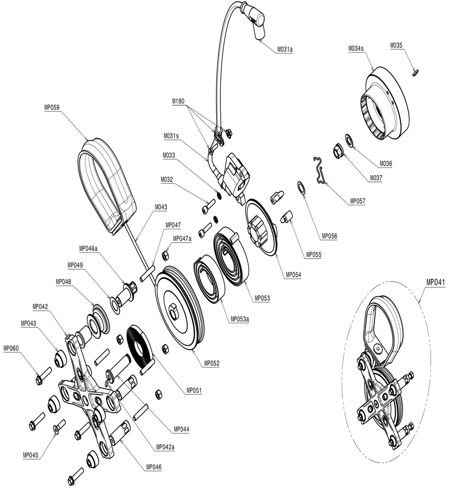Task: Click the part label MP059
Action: (52, 108)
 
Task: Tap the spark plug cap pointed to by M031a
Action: (256, 24)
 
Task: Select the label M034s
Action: (356, 49)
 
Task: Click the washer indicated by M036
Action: (349, 140)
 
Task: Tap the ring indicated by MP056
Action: (301, 187)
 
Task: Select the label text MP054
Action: (293, 275)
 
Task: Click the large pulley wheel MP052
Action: (179, 309)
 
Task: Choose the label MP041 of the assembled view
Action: (435, 282)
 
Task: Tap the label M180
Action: (178, 101)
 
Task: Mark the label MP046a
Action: (88, 249)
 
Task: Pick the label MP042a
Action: (165, 447)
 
